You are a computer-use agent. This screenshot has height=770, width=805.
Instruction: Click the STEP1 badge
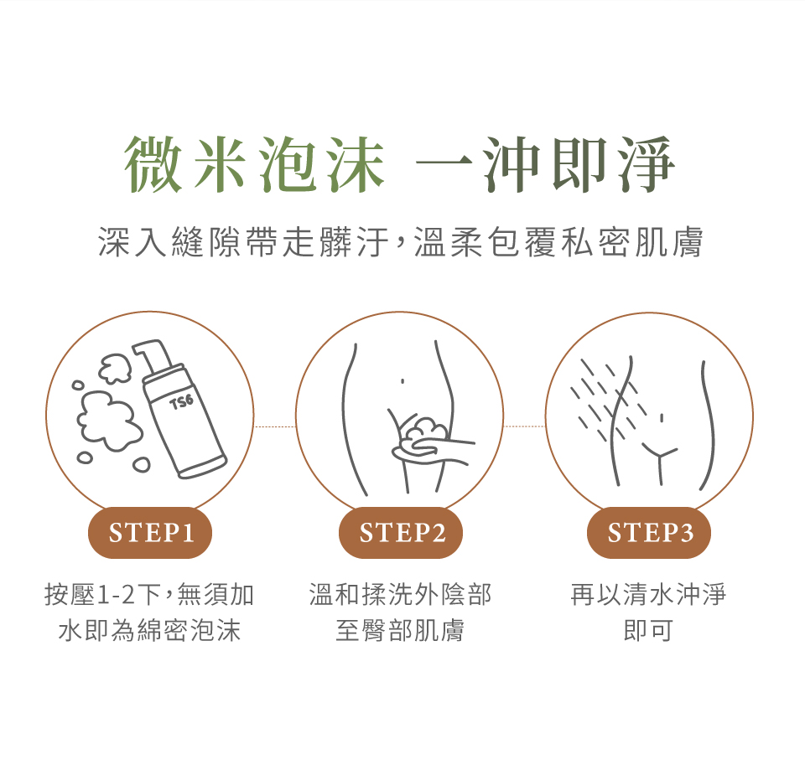coord(150,533)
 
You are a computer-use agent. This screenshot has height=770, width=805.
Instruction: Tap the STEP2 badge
coord(401,533)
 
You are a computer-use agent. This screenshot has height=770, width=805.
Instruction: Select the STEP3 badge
coord(649,533)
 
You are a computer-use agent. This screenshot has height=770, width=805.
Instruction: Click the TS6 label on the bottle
coord(182,401)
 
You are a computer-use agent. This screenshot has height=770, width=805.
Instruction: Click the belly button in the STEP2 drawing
coord(402,381)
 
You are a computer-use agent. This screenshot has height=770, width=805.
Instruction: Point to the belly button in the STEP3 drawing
coord(662,419)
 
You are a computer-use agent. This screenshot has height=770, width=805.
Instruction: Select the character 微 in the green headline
coord(153,164)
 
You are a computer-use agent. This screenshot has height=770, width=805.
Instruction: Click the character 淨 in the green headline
coord(646,164)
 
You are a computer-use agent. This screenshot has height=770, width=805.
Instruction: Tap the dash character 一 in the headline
coord(444,165)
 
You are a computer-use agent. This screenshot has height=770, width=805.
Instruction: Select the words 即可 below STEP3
coord(648,630)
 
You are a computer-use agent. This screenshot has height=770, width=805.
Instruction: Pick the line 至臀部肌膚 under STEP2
coord(400,630)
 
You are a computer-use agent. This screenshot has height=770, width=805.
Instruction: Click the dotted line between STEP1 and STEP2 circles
coord(275,426)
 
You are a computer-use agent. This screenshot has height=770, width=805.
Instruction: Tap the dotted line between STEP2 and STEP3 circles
coord(524,426)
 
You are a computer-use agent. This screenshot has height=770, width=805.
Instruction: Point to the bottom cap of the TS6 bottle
coord(202,468)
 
